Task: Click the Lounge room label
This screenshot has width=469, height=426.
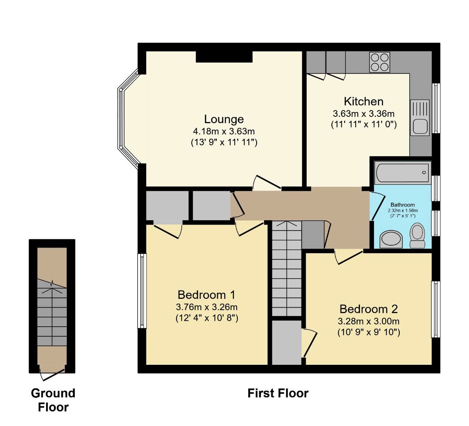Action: (x=224, y=119)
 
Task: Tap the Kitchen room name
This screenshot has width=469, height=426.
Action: (x=364, y=102)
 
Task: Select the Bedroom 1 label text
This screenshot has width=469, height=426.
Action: (x=206, y=295)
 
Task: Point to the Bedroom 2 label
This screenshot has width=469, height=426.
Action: (x=368, y=309)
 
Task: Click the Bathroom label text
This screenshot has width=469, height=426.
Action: (x=403, y=205)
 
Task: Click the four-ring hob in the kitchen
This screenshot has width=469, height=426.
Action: (x=379, y=62)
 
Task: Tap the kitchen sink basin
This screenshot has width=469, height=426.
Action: (x=420, y=126)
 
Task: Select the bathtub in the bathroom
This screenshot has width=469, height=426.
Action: (x=403, y=173)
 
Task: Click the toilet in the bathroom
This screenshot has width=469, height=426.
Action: (x=417, y=235)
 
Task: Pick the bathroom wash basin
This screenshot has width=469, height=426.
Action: (x=391, y=239)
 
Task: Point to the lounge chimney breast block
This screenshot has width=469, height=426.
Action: (x=224, y=57)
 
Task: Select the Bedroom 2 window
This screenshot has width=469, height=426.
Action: (x=436, y=310)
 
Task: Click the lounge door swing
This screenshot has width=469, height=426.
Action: (x=267, y=182)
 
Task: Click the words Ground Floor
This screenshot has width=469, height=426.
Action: (x=53, y=400)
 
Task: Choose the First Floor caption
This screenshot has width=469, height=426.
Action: (x=278, y=393)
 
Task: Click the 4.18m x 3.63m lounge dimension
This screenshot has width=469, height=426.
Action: (x=224, y=131)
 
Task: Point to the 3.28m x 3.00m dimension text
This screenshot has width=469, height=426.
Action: (x=368, y=321)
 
